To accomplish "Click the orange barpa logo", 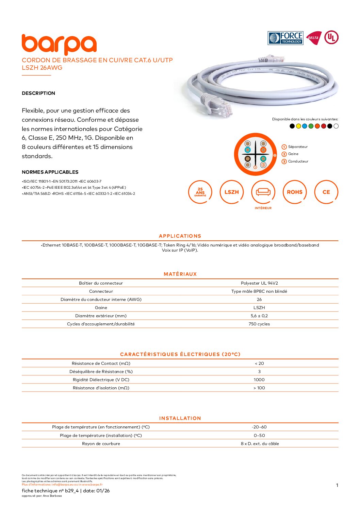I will click(59, 45).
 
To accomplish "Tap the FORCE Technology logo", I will click(285, 38).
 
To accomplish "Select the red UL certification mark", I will click(331, 37).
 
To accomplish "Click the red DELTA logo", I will click(313, 38).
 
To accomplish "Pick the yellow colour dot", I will click(298, 126).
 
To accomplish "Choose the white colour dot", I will click(336, 126).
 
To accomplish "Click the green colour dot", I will click(311, 126).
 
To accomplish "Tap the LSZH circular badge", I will click(231, 192).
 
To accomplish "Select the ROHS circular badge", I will click(294, 192).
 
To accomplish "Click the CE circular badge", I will click(326, 192).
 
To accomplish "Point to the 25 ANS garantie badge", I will click(200, 192).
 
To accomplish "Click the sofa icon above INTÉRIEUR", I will click(263, 192).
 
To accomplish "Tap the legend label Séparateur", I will click(298, 147).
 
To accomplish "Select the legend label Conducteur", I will click(298, 162).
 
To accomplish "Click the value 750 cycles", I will click(259, 324).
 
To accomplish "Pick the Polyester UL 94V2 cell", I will click(259, 283).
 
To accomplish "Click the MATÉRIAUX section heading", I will click(180, 274).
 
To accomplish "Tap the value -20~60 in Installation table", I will click(259, 427).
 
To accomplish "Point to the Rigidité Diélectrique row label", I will click(101, 380).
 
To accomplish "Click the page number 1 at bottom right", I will click(337, 485).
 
